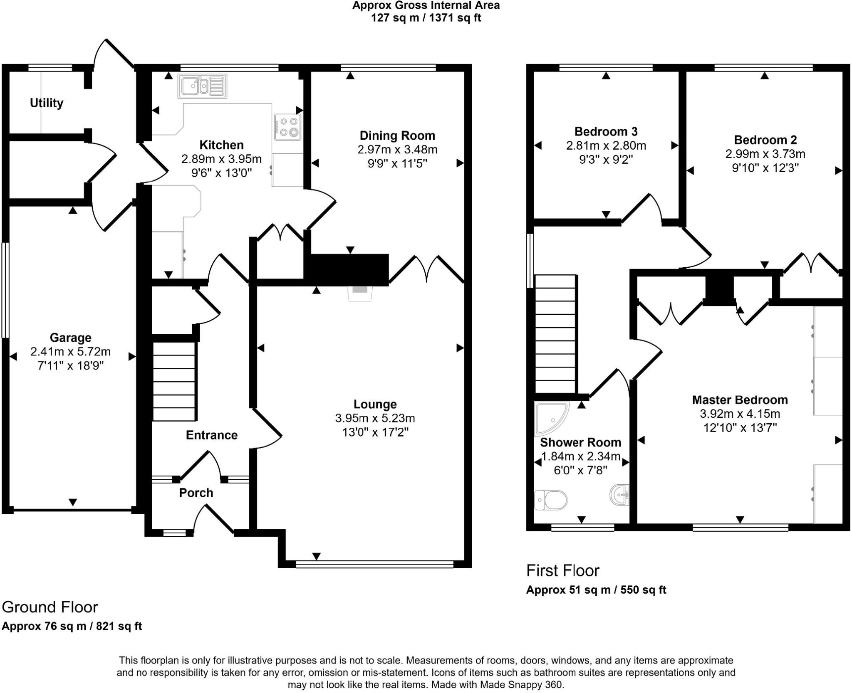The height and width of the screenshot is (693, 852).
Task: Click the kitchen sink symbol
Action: point(203,86)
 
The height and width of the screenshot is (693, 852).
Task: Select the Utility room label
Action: point(47,103)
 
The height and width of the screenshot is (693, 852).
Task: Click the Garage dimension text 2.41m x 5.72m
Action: point(70,352)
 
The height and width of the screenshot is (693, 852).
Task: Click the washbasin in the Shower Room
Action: point(620,495)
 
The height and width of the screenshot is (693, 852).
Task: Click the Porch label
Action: point(196,493)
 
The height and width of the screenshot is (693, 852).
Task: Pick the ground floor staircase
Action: point(174,381)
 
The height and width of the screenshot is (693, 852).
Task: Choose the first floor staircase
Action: point(555,334)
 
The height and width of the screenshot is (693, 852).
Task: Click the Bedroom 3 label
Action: point(606,132)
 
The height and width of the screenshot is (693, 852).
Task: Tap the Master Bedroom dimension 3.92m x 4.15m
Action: point(740,414)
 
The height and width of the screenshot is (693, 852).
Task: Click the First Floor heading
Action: point(562,571)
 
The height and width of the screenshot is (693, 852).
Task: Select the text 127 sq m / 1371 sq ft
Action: point(426,18)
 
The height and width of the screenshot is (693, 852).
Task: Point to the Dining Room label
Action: point(397,136)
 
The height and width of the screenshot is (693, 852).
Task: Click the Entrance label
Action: point(212,435)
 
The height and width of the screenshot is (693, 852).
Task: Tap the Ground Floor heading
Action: point(50,607)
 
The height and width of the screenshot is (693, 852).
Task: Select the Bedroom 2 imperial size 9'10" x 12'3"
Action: point(765,168)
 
